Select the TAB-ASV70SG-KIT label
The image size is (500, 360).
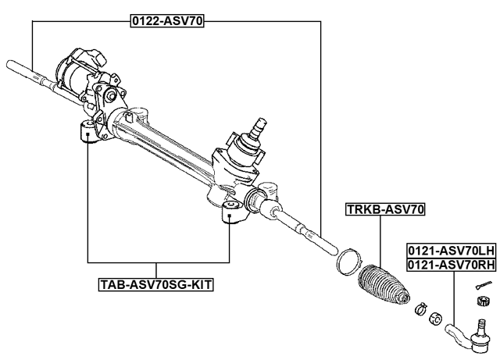[156, 286]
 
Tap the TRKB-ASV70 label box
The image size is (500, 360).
[385, 209]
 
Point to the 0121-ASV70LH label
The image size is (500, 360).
[451, 251]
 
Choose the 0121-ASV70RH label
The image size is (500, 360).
[451, 266]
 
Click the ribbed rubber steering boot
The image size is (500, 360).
[384, 290]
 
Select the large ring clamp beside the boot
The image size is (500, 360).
[348, 261]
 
